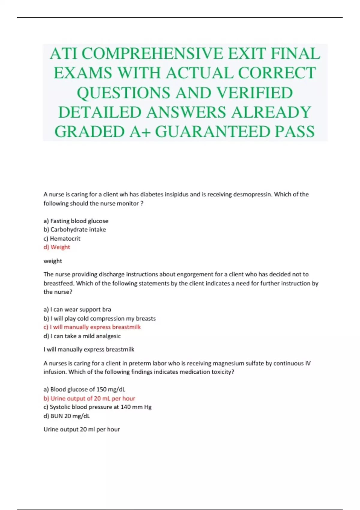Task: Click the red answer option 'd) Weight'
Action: [x=57, y=247]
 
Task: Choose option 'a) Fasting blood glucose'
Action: [x=76, y=221]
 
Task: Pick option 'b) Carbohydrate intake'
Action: [x=75, y=229]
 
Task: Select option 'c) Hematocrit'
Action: [x=62, y=238]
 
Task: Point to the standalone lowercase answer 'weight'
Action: [x=53, y=261]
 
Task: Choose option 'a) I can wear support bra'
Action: [x=77, y=309]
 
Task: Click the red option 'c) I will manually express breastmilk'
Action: [x=92, y=327]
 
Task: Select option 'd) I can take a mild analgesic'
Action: [x=82, y=336]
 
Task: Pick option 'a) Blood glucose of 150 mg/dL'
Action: [x=84, y=389]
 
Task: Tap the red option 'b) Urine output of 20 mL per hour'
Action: [x=89, y=398]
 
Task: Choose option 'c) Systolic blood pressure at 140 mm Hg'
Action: [x=97, y=407]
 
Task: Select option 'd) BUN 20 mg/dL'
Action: [x=67, y=416]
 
